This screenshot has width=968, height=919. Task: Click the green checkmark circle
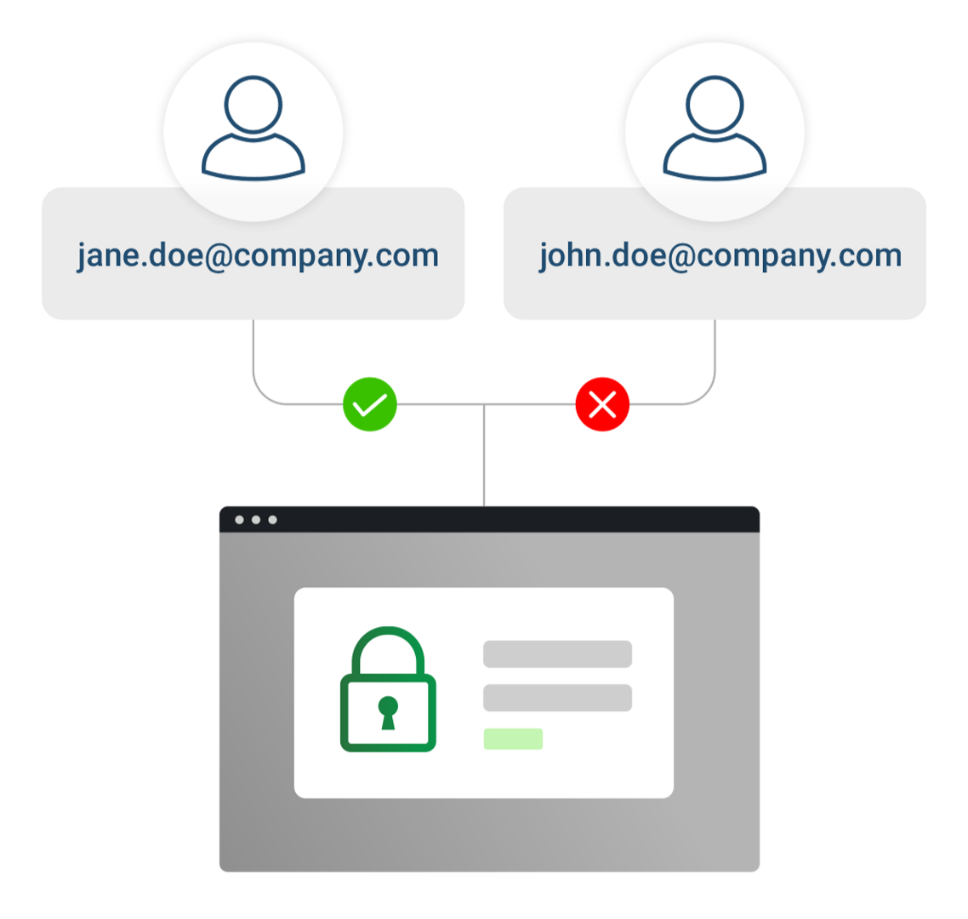[370, 405]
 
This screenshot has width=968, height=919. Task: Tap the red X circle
[602, 405]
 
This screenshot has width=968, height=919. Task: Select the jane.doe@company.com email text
[257, 255]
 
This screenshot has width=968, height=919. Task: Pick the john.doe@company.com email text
[720, 255]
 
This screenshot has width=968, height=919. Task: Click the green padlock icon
[388, 689]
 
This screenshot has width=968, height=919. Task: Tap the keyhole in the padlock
[388, 711]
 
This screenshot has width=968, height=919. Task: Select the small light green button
[513, 739]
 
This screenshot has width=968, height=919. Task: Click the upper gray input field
[557, 654]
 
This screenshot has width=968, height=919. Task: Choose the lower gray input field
[557, 698]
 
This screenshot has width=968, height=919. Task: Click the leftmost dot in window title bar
[239, 520]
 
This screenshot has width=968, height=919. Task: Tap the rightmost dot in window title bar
[272, 520]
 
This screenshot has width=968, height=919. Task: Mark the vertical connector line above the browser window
[484, 455]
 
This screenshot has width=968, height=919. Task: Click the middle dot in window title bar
[255, 520]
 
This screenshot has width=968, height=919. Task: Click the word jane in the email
[108, 255]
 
